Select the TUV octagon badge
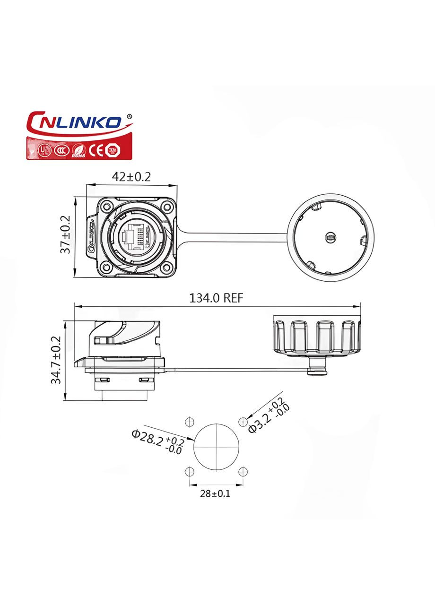pos(113,150)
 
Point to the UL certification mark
pos(44,150)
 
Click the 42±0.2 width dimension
pos(131,177)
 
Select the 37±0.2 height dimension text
pos(66,235)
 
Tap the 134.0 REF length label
pos(216,298)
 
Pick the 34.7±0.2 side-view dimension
pos(56,360)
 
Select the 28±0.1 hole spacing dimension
pos(216,494)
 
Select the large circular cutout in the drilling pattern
pos(216,447)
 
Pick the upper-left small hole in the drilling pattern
pos(190,422)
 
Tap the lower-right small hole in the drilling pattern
pos(243,472)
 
